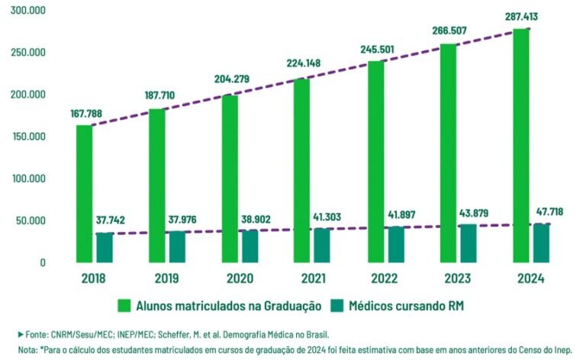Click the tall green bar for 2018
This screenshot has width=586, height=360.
[84, 194]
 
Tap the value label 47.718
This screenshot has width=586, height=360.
[548, 211]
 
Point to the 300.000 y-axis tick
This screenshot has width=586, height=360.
[27, 11]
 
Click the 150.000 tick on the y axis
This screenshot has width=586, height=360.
[27, 137]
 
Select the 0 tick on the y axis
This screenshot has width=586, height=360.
[43, 263]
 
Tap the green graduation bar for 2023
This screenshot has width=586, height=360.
[448, 154]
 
